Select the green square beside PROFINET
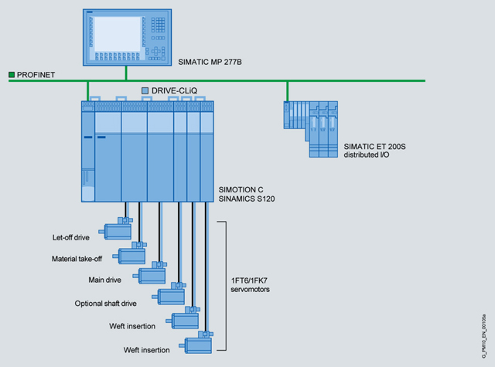[12, 75]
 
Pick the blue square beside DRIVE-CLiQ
[145, 90]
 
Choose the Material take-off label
[81, 258]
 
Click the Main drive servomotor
[153, 273]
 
